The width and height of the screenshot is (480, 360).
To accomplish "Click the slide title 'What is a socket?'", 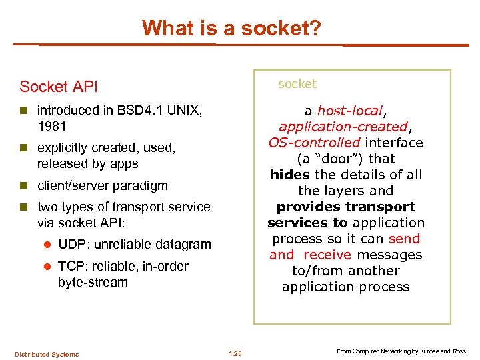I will [231, 28].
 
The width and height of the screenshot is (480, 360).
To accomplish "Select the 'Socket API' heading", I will [59, 87].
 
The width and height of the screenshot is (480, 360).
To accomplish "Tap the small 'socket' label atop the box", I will [297, 84].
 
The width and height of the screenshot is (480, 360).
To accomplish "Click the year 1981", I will [52, 126].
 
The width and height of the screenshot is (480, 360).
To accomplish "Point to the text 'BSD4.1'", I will [139, 110].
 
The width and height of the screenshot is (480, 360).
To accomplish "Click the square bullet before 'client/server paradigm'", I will [25, 186].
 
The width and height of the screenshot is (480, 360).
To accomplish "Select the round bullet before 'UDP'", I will [47, 245].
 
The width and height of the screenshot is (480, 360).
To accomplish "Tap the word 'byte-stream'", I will [93, 282].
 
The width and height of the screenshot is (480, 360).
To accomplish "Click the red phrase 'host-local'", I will [350, 111].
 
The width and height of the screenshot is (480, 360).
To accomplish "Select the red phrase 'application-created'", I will [343, 127].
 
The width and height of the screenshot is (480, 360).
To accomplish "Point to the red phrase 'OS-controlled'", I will [314, 143].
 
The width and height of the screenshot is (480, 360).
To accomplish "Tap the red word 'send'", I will [404, 239].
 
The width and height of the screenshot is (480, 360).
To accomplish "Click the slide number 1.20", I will [235, 353].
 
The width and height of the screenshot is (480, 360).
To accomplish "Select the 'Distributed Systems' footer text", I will [47, 354].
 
